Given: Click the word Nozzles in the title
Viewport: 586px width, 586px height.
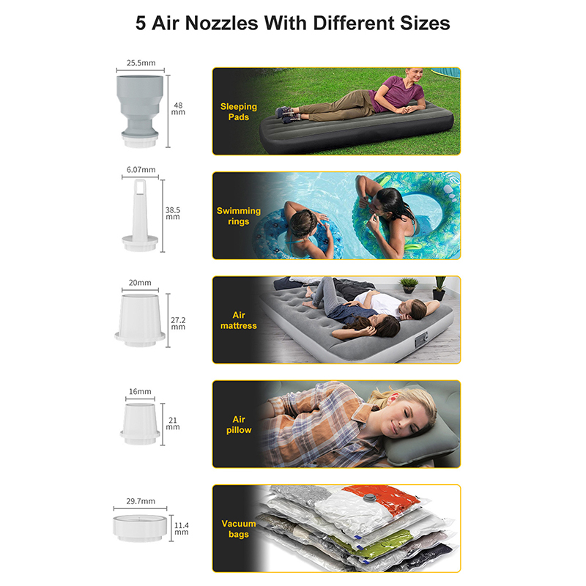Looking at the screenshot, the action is coord(222,23).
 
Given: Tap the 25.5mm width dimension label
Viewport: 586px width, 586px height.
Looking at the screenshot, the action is coord(141,63).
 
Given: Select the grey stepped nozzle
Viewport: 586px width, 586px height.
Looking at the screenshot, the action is coord(140,111).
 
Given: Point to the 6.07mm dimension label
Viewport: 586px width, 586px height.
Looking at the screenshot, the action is coord(141,170).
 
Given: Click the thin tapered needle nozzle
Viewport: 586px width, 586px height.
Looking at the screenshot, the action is coord(140,215).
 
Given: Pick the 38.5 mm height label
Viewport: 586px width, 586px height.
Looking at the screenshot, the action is coord(173,213).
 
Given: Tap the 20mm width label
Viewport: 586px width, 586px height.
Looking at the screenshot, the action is coord(140,283).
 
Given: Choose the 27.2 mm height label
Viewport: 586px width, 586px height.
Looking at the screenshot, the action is coord(178,323).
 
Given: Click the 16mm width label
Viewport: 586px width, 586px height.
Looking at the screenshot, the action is coord(140,392).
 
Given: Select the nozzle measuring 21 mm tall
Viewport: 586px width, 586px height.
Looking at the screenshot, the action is coord(140,424).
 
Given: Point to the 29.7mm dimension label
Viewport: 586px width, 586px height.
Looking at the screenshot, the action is coord(141,501).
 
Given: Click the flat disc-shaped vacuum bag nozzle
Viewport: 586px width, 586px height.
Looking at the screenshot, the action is coord(138,528).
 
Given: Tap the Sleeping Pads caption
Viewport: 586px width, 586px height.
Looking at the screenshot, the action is coord(239,112).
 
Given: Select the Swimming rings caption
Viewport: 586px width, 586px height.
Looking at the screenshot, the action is coord(239,216).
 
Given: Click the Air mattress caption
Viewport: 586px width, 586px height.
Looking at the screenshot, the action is coord(239,320).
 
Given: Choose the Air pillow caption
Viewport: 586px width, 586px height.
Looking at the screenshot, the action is coord(239,425).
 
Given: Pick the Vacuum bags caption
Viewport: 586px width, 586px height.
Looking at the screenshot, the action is coord(239,529).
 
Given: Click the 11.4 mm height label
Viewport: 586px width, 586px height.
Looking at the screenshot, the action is coord(182,528).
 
